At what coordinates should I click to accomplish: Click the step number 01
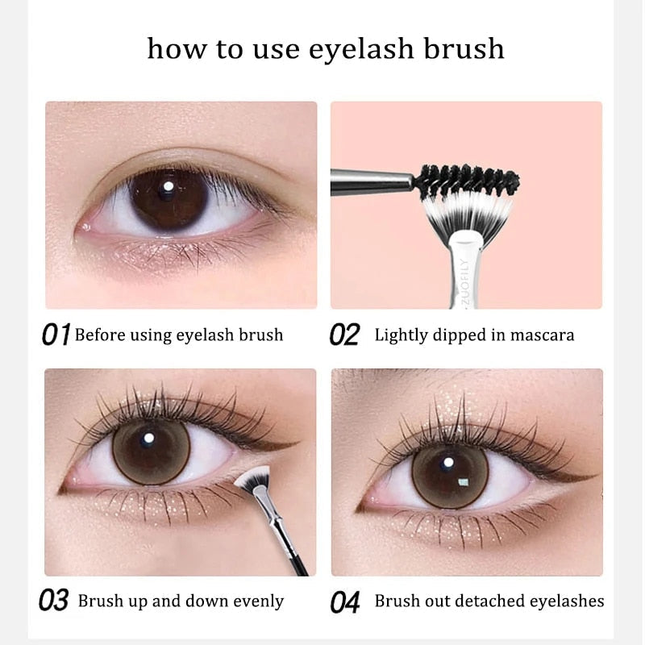pos(56,335)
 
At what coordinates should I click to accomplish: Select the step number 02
pos(344,335)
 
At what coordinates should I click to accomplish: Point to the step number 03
pos(54,601)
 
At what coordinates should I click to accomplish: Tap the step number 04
pos(344,601)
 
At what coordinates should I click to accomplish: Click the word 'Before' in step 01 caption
pos(101,335)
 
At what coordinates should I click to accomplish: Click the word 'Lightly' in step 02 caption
pos(401,335)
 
